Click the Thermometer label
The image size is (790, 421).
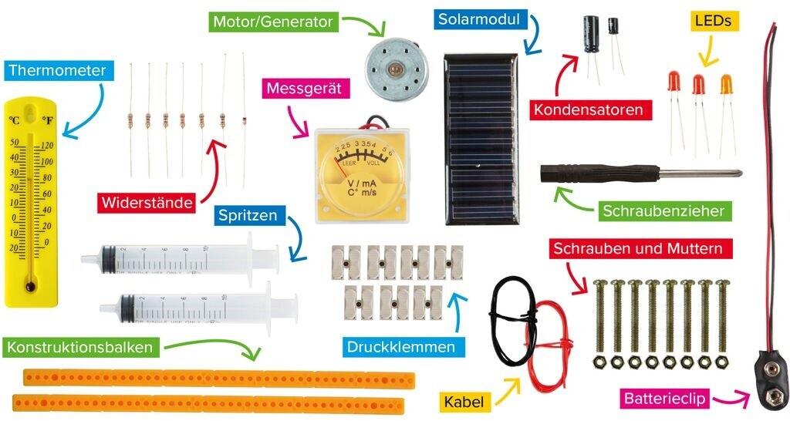pyautogui.click(x=57, y=71)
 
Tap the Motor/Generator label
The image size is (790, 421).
pyautogui.click(x=272, y=22)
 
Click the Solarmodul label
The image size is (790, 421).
pyautogui.click(x=478, y=19)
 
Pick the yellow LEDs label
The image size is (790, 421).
pyautogui.click(x=713, y=21)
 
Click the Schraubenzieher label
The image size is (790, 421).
pyautogui.click(x=663, y=210)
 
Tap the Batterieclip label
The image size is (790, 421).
pyautogui.click(x=664, y=399)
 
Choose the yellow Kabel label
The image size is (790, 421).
pyautogui.click(x=465, y=401)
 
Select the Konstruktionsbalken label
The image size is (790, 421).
pyautogui.click(x=80, y=347)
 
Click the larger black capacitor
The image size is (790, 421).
pyautogui.click(x=592, y=35)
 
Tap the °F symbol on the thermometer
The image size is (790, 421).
pyautogui.click(x=47, y=121)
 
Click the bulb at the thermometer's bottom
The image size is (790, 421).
pyautogui.click(x=30, y=287)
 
